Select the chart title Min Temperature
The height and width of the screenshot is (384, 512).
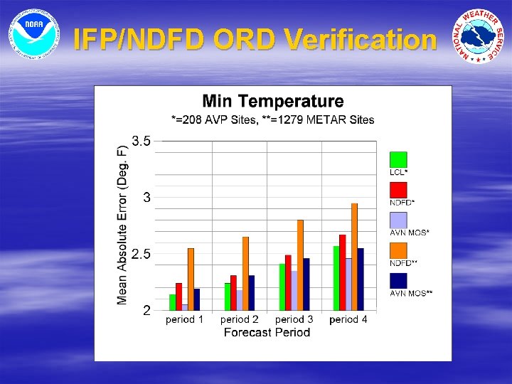(x=272, y=102)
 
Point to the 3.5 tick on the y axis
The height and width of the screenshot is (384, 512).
(x=142, y=142)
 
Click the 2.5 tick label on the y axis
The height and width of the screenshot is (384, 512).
(x=142, y=255)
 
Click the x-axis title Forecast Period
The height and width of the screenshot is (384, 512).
(x=267, y=332)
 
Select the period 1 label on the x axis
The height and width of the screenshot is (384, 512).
(x=184, y=320)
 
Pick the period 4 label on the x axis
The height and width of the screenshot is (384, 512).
(x=348, y=320)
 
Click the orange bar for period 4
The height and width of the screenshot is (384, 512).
(x=354, y=257)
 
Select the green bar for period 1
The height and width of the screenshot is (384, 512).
(x=173, y=302)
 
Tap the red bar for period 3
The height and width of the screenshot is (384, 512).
(x=288, y=282)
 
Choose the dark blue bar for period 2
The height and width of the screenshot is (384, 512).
(x=251, y=292)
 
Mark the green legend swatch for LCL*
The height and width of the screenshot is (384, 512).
(x=398, y=159)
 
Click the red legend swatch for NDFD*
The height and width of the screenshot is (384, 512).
(x=398, y=190)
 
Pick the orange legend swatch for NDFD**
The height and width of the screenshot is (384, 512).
(x=398, y=251)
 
